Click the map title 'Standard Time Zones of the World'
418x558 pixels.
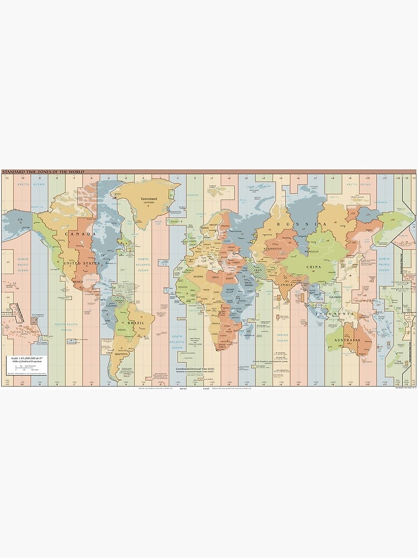(43, 172)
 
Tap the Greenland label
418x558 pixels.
(149, 199)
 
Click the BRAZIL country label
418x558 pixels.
(137, 323)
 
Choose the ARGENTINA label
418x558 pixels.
(121, 354)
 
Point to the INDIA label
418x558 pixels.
(285, 285)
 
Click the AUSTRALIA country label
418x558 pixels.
(347, 340)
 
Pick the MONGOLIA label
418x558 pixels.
(312, 251)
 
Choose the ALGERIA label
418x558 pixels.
(199, 276)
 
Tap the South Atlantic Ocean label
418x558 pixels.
(177, 341)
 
